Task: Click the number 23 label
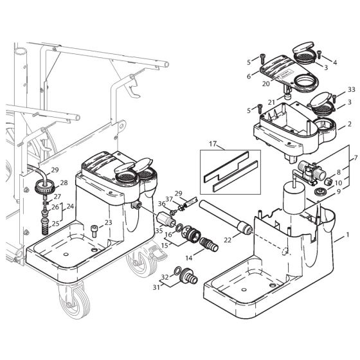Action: [x=107, y=222]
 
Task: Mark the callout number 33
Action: [x=350, y=89]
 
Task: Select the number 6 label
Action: [x=248, y=75]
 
